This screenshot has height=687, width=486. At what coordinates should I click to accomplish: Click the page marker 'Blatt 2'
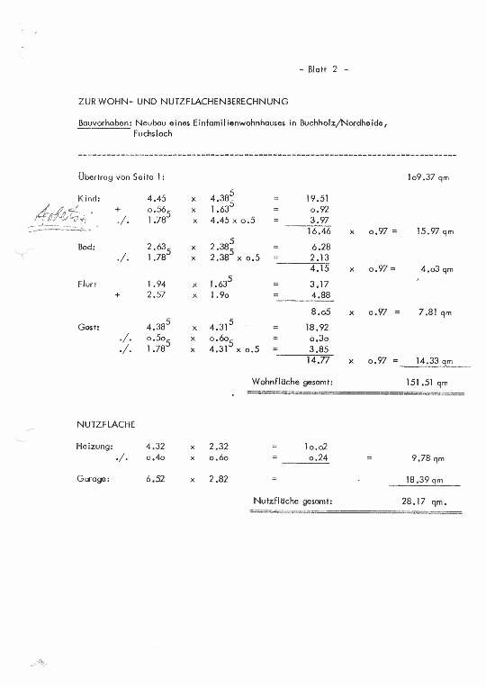click(x=321, y=68)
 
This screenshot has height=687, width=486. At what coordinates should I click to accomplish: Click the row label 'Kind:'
click(x=89, y=198)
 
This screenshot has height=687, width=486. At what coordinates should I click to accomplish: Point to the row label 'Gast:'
click(x=89, y=327)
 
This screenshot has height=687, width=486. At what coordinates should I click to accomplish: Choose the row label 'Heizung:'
click(x=94, y=446)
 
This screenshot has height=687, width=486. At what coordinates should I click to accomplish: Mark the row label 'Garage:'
click(x=94, y=479)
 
